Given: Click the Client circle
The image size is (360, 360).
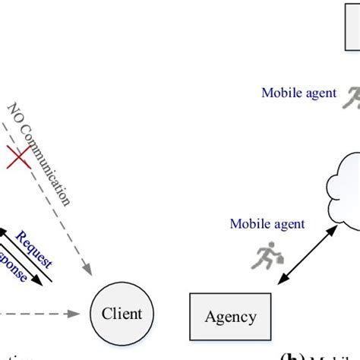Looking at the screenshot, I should coord(122,313).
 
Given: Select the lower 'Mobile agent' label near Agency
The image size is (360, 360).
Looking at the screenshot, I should coord(267,224).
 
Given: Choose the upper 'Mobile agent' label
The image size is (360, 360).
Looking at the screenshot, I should coord(298,93).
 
